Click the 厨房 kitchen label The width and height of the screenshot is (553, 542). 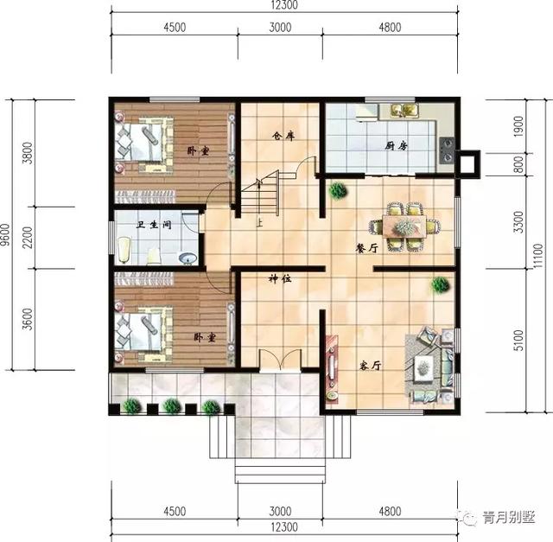pos(397,145)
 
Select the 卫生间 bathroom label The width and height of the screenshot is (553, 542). pos(155,226)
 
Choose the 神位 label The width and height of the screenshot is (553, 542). pos(279,279)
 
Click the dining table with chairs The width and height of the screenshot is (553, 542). pos(403,227)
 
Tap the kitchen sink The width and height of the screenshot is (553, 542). pos(403,110)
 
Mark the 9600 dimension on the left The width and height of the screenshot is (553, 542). pos(6,233)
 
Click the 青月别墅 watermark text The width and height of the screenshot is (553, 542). pos(508,518)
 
